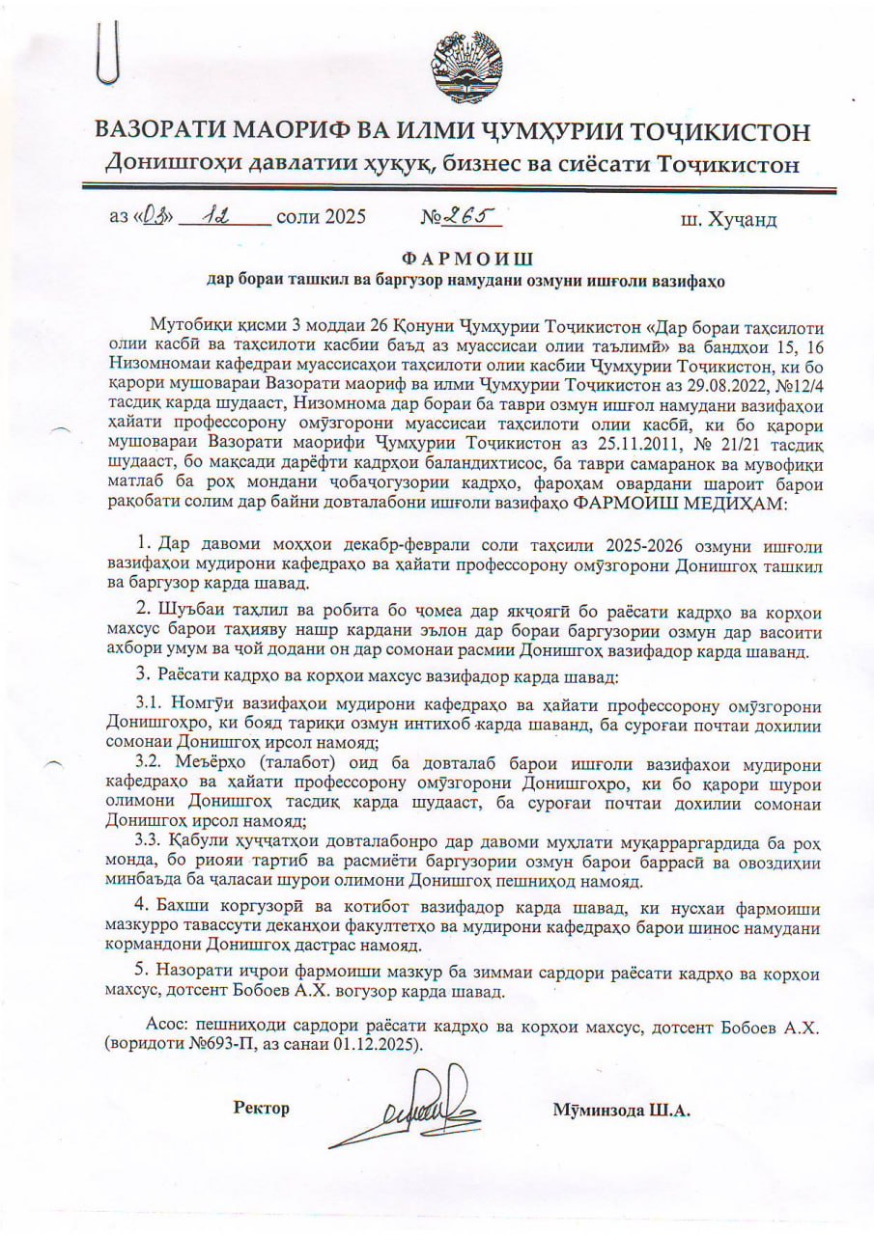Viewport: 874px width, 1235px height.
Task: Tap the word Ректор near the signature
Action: point(261,1109)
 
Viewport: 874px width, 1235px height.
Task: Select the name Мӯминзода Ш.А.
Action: point(622,1110)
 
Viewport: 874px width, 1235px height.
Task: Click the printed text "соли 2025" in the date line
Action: point(321,217)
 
